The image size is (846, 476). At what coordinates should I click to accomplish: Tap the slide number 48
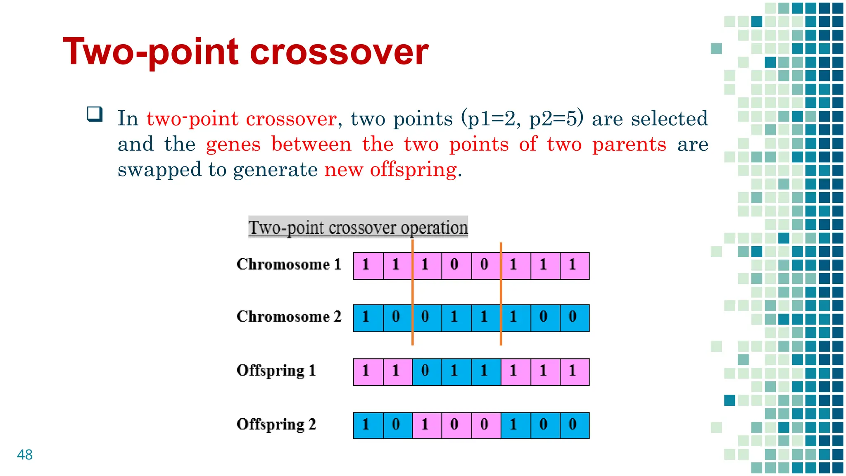click(25, 455)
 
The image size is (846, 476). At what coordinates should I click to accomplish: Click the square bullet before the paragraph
click(95, 114)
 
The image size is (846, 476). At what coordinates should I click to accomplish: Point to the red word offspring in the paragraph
click(413, 170)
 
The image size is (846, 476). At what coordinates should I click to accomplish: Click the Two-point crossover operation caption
click(358, 227)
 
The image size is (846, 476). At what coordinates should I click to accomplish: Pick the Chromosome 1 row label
click(289, 264)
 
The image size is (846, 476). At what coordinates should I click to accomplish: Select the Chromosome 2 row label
click(289, 317)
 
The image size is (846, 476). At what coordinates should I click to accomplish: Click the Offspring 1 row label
click(276, 371)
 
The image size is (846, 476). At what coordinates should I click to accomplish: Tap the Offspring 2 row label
click(276, 424)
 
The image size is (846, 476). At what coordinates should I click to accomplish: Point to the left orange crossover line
click(412, 293)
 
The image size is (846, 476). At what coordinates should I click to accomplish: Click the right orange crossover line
click(501, 293)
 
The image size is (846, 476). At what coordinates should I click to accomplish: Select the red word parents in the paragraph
click(629, 145)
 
